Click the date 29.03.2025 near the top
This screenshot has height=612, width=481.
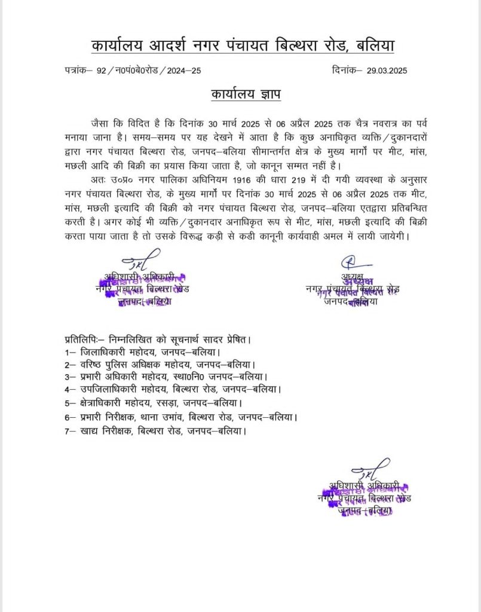coord(387,71)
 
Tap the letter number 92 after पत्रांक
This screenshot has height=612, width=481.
coord(100,71)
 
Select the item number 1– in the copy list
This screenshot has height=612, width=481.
coord(70,352)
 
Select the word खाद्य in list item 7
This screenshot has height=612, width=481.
coord(90,430)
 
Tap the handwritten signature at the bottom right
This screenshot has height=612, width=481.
coord(366,467)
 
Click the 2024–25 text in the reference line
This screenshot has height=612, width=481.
coord(184,71)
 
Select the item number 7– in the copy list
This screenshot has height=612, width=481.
coord(70,430)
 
